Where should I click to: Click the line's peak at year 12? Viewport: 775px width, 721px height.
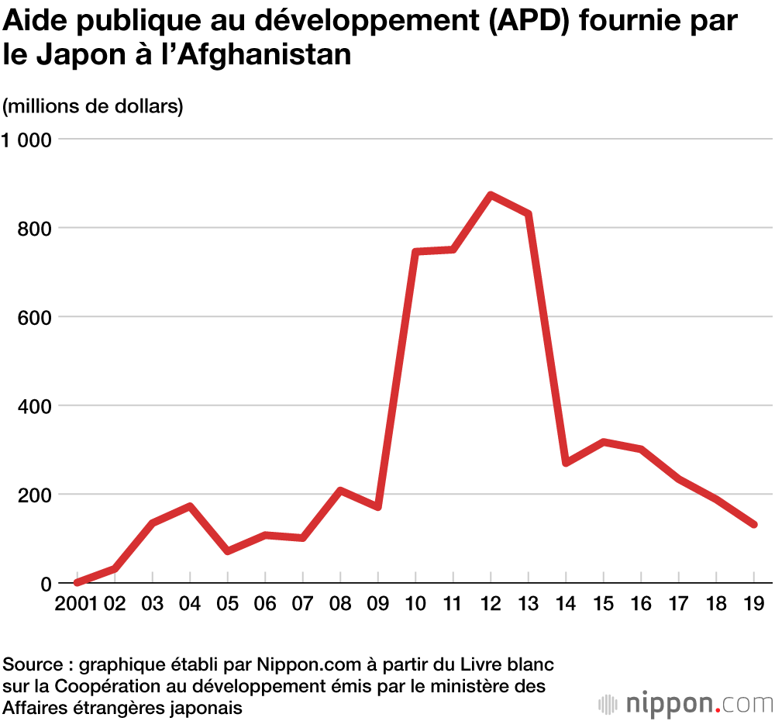coord(491,195)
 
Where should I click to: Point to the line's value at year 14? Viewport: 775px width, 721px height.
coord(567,463)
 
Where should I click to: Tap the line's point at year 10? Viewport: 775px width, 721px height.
coord(415,252)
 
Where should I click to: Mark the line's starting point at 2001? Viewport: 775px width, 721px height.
coord(77,582)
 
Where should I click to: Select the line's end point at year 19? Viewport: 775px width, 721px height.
coord(754,525)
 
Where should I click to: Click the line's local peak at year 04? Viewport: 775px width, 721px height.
coord(189,506)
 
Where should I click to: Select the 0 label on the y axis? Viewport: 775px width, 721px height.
coord(45,584)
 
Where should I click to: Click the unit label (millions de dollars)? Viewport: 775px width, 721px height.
coord(93,106)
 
